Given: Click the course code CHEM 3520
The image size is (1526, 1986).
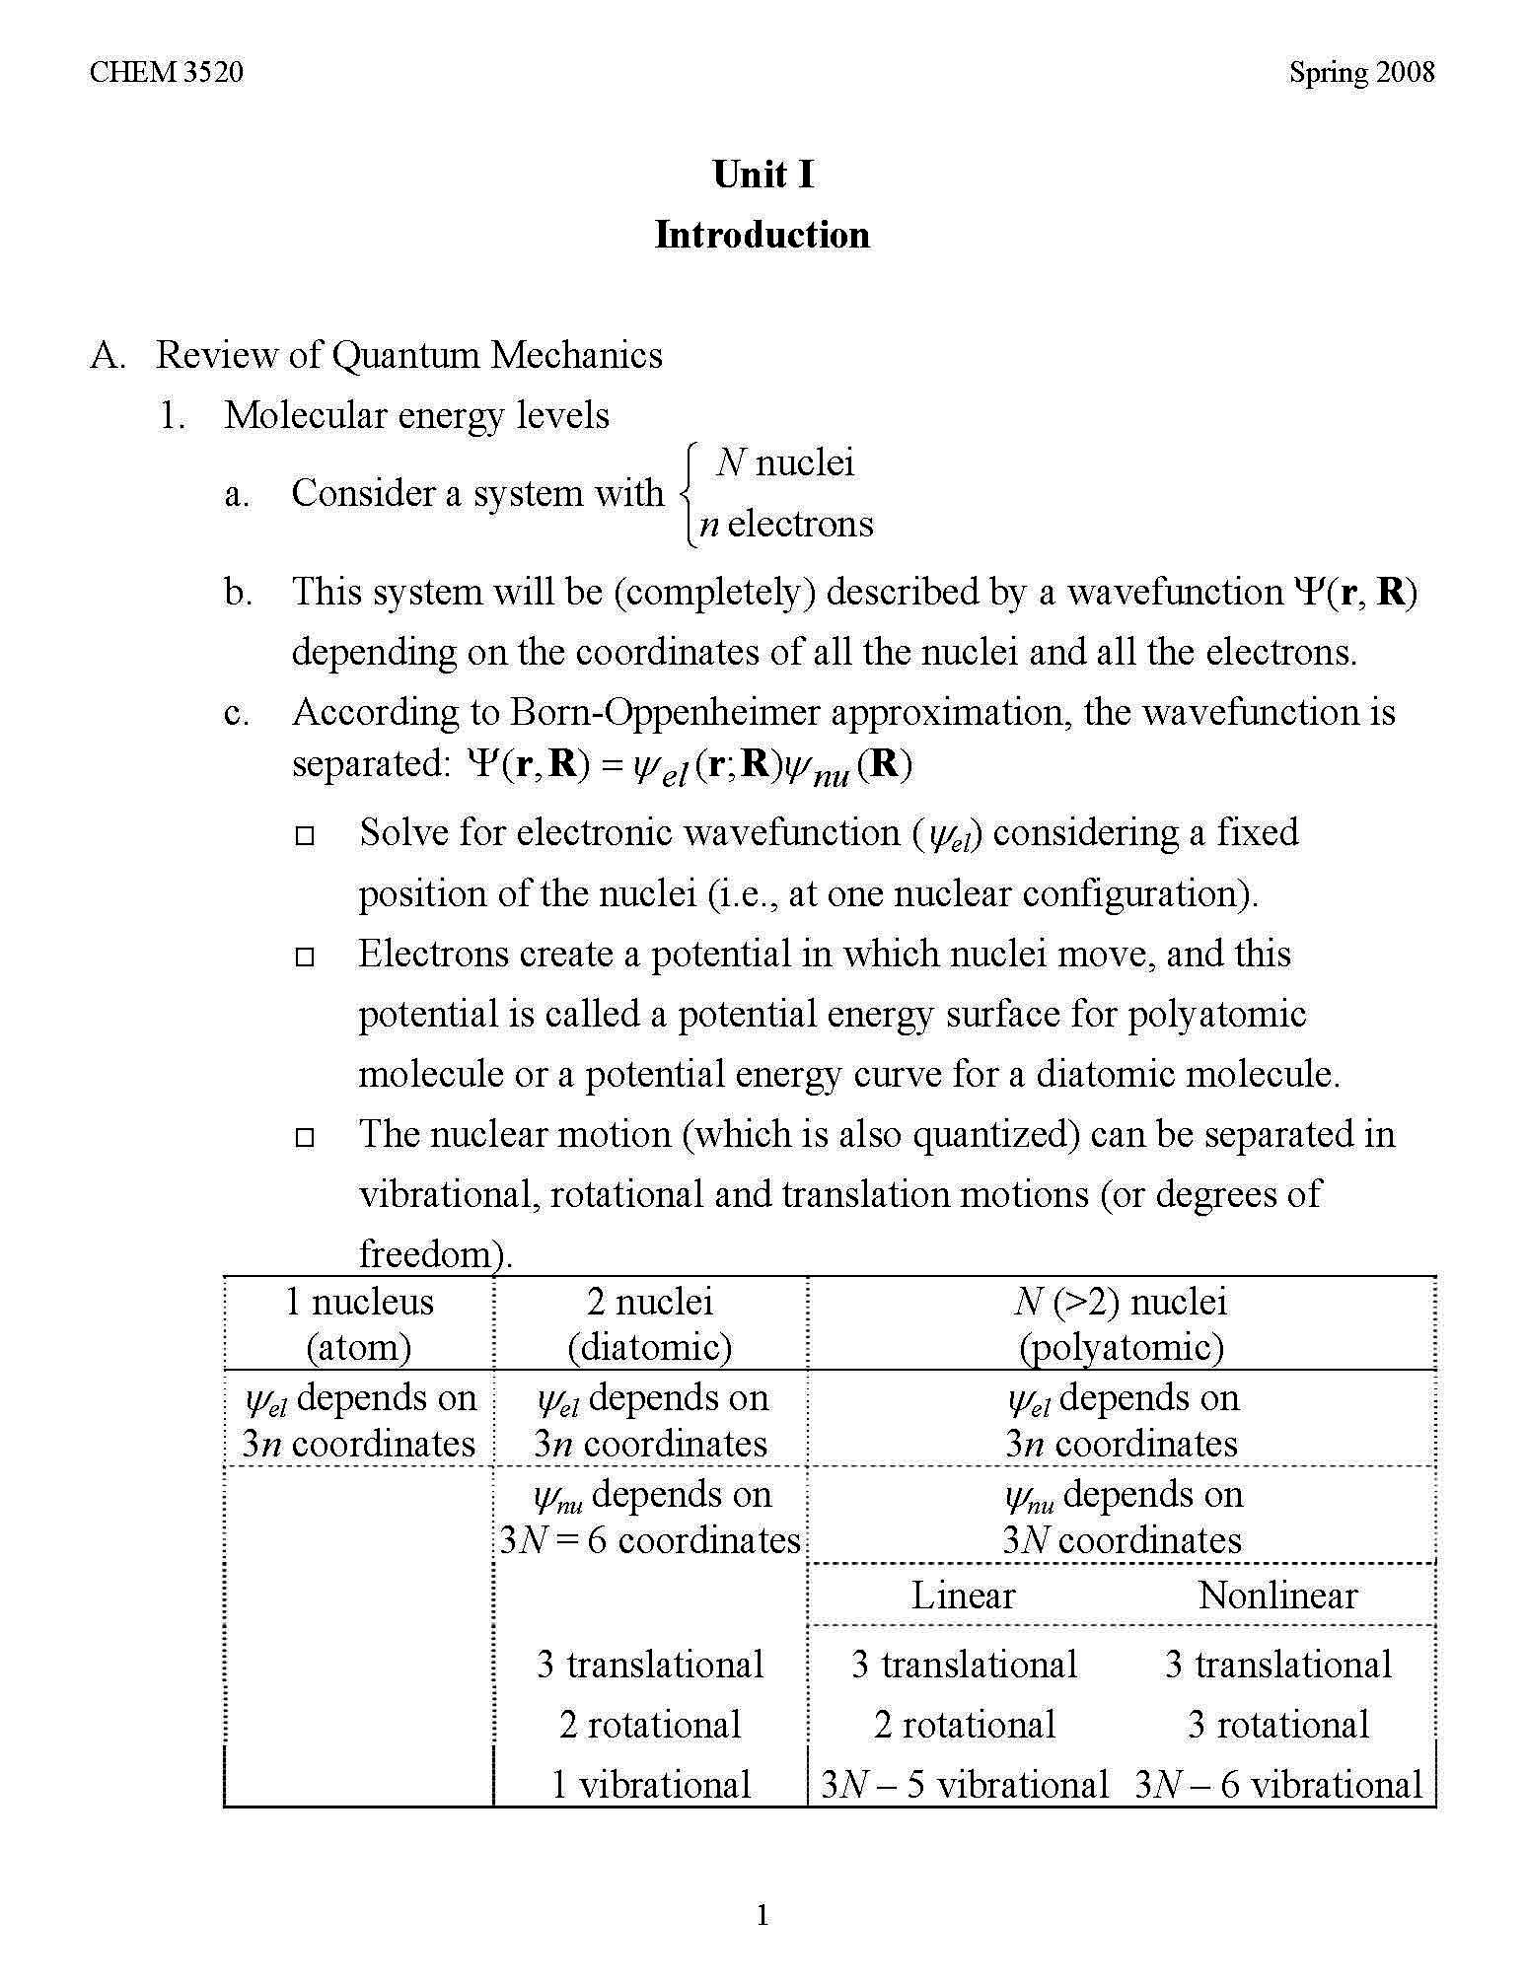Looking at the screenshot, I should click(166, 73).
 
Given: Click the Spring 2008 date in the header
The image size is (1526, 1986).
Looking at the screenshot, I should click(1361, 73).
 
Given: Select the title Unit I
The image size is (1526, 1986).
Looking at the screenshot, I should click(763, 176).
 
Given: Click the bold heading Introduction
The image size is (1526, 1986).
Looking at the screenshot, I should click(763, 236).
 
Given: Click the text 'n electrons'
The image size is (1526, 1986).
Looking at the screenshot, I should click(786, 524).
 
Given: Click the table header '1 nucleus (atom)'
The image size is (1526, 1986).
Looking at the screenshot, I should click(359, 1324).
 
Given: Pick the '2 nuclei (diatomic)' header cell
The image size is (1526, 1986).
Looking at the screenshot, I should click(650, 1324).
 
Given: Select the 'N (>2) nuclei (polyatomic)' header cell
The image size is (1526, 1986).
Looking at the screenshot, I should click(1121, 1324).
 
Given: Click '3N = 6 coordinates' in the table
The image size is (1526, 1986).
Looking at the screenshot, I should click(650, 1540).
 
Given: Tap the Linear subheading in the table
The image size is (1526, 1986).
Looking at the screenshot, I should click(963, 1596).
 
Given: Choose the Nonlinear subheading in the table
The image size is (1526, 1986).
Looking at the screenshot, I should click(1277, 1596).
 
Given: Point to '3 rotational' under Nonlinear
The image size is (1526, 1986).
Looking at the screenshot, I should click(1278, 1725).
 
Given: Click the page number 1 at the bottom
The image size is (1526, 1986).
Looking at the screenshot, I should click(763, 1915).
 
